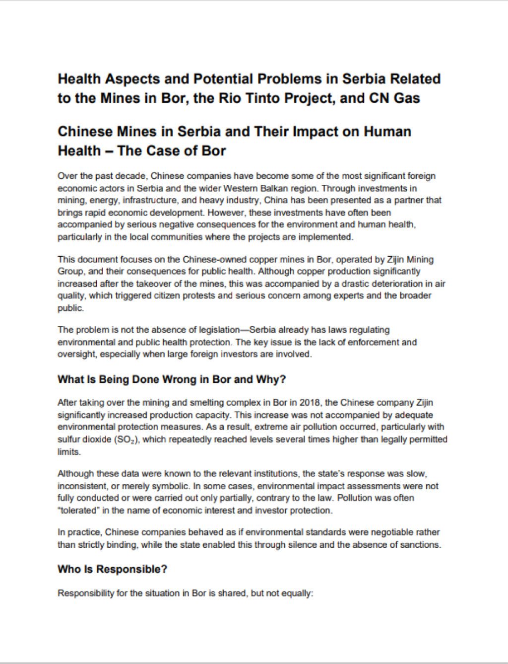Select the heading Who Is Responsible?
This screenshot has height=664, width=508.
(x=112, y=569)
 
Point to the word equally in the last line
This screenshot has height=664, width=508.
(x=297, y=593)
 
